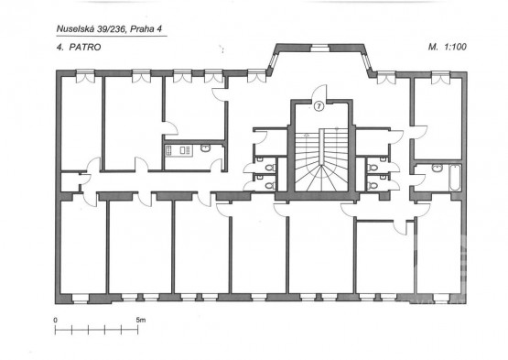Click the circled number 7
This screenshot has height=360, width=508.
tap(319, 106)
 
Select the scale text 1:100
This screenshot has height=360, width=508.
tap(456, 47)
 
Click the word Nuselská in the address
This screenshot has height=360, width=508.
tap(75, 29)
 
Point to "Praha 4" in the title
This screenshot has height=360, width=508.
tap(146, 29)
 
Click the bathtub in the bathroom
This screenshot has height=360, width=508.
tap(455, 178)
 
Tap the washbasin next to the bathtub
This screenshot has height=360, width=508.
tap(438, 168)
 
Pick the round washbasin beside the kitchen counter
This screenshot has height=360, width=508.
tap(205, 148)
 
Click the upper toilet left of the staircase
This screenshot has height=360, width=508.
tap(269, 168)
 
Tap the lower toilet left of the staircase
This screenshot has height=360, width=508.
tap(269, 186)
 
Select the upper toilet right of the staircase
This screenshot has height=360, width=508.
tap(373, 168)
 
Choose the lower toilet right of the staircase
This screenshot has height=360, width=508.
tap(373, 186)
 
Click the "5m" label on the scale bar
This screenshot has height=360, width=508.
tap(141, 320)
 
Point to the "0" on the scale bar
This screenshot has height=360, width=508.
tap(56, 320)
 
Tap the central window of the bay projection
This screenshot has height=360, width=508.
tap(320, 49)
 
